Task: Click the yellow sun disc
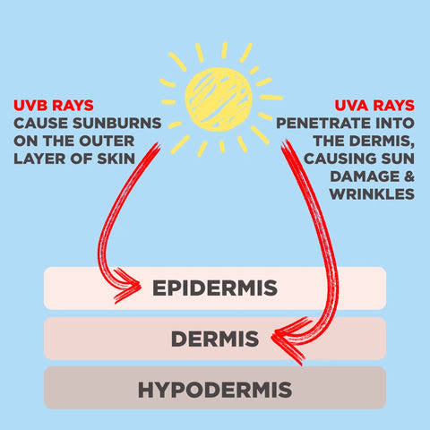(x=219, y=99)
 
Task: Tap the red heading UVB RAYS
(x=54, y=106)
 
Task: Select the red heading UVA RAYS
(x=374, y=106)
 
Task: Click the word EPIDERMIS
(x=215, y=288)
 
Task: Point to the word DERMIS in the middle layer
(x=215, y=339)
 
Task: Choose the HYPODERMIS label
(x=215, y=390)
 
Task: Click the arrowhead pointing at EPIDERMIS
(x=127, y=286)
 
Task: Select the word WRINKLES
(x=372, y=194)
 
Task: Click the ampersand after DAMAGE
(x=409, y=176)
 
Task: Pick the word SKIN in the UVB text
(x=116, y=159)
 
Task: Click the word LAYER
(x=39, y=159)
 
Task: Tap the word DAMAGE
(x=365, y=176)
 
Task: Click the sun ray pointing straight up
(x=224, y=50)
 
